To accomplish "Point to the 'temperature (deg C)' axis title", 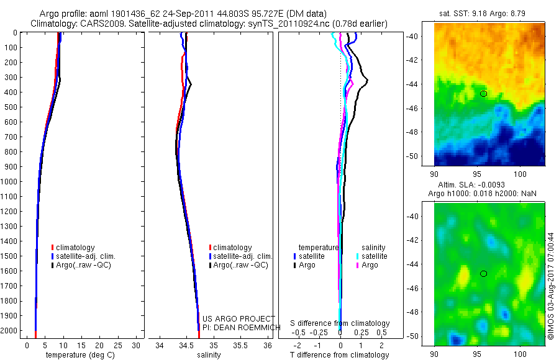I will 78,355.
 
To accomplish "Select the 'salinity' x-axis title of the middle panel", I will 208,355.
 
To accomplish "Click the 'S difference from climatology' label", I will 340,323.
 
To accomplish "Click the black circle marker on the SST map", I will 483,93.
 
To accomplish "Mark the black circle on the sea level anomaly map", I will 483,274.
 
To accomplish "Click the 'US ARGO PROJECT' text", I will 239,319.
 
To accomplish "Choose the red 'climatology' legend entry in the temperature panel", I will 75,248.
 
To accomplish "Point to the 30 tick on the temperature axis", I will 137,345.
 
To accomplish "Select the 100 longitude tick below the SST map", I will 520,173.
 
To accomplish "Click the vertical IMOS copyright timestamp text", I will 550,286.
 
